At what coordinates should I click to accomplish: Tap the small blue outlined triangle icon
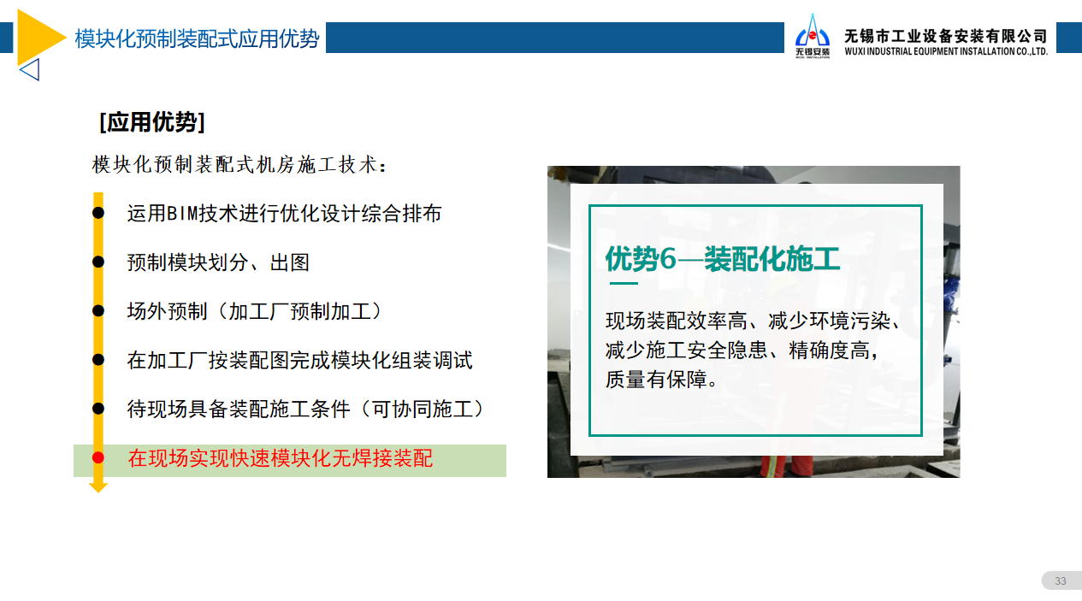pos(30,69)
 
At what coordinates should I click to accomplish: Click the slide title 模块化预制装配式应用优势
pos(197,38)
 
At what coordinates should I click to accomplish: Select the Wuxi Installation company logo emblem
pos(813,36)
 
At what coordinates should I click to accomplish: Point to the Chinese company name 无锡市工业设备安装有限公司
pos(946,36)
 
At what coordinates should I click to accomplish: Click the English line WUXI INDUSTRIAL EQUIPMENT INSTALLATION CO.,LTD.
pos(946,51)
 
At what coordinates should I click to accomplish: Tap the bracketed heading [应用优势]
pos(152,122)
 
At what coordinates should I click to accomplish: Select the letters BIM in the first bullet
pos(182,214)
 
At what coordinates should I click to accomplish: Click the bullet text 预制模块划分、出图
pos(218,262)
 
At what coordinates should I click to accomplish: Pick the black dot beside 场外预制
pos(98,311)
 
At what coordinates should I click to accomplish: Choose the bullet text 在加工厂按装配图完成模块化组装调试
pos(299,361)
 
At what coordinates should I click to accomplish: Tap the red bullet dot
pos(98,457)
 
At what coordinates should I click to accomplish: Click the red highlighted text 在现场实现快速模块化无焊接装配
pos(281,458)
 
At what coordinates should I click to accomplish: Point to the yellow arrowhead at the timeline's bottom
pos(98,487)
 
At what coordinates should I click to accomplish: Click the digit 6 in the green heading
pos(667,259)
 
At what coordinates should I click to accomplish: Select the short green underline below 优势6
pos(624,283)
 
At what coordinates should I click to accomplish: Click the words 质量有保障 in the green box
pos(656,380)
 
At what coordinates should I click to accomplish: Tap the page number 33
pos(1061,580)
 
